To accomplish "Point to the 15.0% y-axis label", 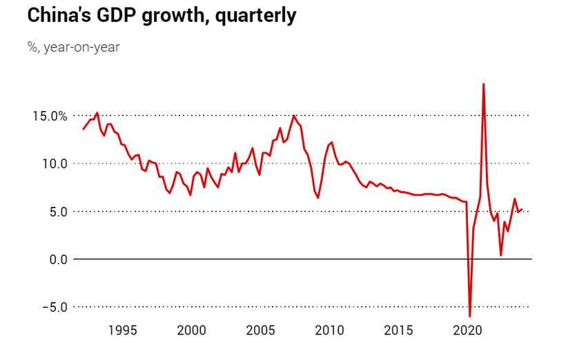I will pyautogui.click(x=49, y=116).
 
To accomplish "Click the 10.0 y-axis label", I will pyautogui.click(x=53, y=163).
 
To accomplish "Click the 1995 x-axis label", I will pyautogui.click(x=122, y=330).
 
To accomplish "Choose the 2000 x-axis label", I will pyautogui.click(x=191, y=330).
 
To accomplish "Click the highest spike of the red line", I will pyautogui.click(x=483, y=84).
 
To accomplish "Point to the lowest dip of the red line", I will pyautogui.click(x=470, y=316).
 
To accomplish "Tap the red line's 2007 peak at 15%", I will pyautogui.click(x=294, y=116).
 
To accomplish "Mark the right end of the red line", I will pyautogui.click(x=523, y=209).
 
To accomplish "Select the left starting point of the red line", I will pyautogui.click(x=84, y=129).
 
